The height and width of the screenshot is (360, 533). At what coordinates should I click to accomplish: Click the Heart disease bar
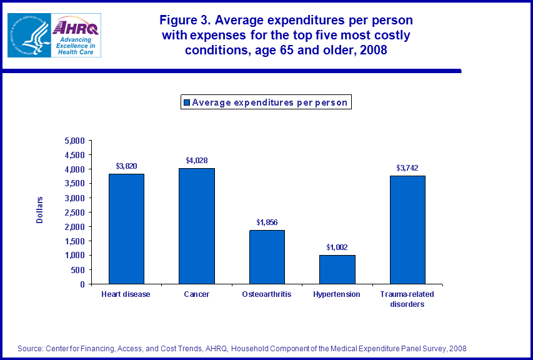point(126,229)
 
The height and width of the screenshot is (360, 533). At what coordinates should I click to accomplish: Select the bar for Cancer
point(197,226)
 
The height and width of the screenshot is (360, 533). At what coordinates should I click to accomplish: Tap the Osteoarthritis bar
point(267,257)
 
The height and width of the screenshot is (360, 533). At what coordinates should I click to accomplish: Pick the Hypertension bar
point(337,269)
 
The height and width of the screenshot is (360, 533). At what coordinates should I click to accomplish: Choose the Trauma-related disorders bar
point(407,230)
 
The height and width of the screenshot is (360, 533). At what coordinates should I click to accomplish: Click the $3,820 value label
point(126,166)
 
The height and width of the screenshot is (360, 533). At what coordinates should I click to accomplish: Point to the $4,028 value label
point(196,161)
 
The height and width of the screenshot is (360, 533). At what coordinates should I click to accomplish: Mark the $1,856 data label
point(267,222)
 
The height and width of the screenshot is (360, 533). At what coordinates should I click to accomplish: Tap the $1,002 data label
point(337,247)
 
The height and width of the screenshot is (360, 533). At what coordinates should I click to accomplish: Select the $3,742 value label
point(407,168)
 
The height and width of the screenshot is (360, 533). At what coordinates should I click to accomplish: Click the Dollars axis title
point(39,211)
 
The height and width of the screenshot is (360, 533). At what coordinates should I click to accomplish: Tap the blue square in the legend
point(186,102)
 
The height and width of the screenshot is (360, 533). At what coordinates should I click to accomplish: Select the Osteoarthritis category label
point(267,294)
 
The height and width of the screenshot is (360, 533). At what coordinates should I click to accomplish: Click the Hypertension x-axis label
point(337,294)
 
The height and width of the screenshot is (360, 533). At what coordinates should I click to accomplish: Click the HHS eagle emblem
point(27,35)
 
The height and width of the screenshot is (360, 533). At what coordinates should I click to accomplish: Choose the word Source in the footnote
point(29,348)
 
